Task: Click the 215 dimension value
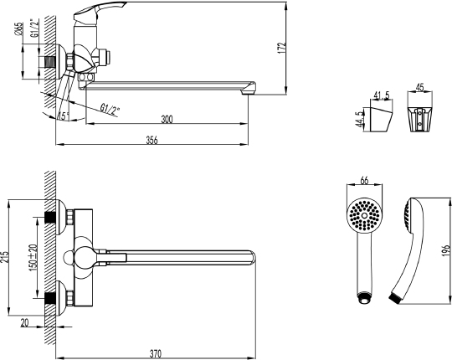click(7, 257)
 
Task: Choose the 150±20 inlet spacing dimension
click(32, 257)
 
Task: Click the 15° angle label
click(64, 116)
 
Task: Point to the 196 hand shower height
click(444, 251)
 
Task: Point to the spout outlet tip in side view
click(248, 90)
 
